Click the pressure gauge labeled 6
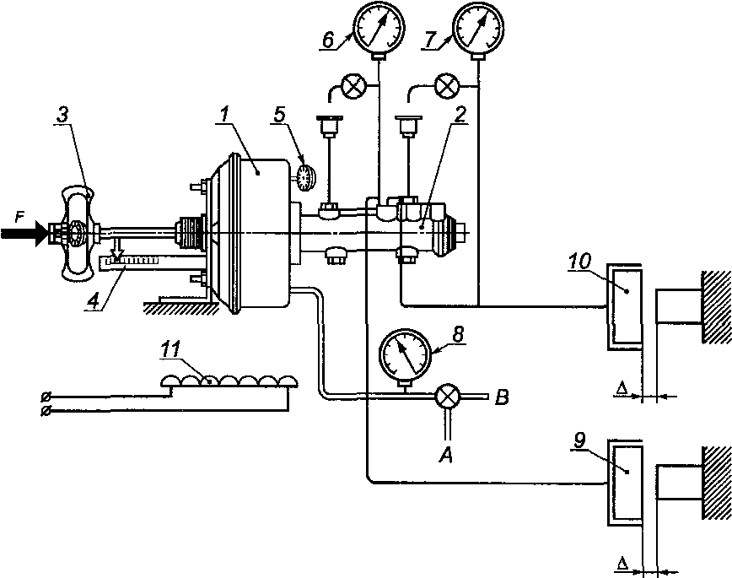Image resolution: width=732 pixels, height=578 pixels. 379,27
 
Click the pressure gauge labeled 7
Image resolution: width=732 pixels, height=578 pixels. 479,27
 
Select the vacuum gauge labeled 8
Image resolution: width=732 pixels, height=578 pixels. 405,358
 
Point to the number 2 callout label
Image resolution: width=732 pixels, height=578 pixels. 460,116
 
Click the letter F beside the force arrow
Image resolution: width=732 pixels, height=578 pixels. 19,219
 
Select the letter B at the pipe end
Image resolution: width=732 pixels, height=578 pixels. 502,398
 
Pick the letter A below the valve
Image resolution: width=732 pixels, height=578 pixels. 446,455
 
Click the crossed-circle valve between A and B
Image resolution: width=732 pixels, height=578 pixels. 448,397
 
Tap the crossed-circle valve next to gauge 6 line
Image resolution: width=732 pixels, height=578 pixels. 353,86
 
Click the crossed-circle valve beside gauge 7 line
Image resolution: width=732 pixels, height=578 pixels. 447,86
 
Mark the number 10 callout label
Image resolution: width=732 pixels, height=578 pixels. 579,262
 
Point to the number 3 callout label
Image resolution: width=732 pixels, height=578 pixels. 62,116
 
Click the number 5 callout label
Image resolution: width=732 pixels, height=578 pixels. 280,116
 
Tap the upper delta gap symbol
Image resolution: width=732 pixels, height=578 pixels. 622,387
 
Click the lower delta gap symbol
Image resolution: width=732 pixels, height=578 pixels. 622,563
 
